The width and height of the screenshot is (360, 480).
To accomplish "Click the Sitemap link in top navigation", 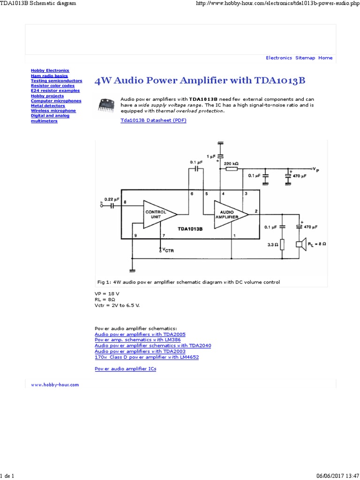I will point(305,58).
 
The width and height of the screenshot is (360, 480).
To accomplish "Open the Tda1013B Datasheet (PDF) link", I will point(153,120).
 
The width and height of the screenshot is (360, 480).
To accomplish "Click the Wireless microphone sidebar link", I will point(53,111).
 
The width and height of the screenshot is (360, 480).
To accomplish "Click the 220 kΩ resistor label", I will point(231,164).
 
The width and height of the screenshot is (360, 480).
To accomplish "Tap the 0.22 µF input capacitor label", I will point(112,199).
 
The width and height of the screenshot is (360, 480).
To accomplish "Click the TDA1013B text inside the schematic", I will point(190,229).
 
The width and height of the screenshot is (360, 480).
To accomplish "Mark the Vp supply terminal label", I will point(317,169).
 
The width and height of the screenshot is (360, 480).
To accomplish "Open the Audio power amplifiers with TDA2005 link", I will point(140,334).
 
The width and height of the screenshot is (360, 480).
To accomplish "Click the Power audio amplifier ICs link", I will point(125,369).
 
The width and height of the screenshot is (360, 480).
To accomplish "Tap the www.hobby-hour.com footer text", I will point(55,384).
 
